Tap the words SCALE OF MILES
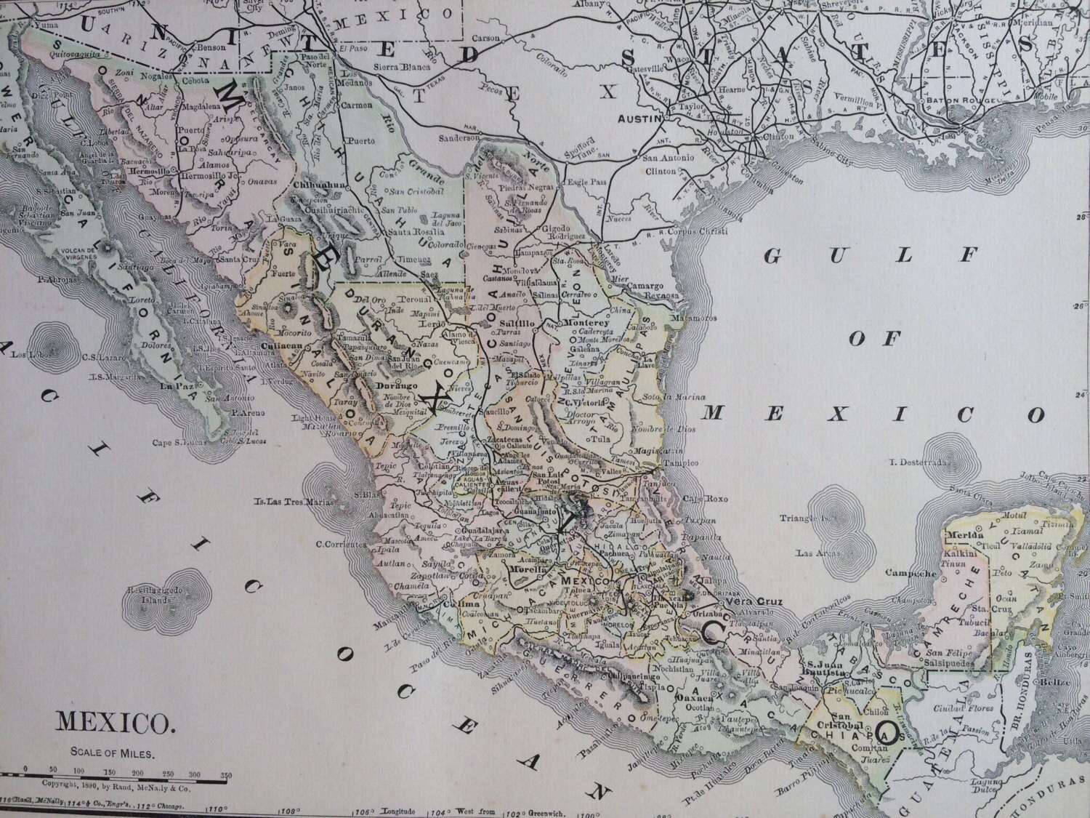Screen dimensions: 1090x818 113,753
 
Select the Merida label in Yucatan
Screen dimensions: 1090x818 959,534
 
